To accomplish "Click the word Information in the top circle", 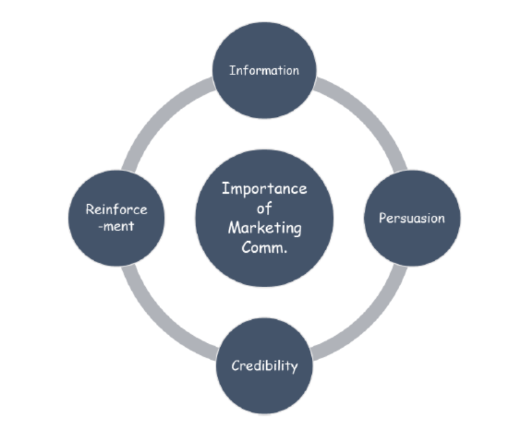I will click(x=264, y=70).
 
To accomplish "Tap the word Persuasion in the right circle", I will click(x=412, y=218).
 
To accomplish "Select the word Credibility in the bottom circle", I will click(x=264, y=367).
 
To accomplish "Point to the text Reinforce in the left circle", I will click(x=116, y=210).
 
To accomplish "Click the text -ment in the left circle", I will click(x=116, y=226).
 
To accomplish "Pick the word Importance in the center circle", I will click(x=264, y=188).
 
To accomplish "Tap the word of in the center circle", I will click(x=264, y=208).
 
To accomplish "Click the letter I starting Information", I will click(x=232, y=70).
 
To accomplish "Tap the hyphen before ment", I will click(x=100, y=227).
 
